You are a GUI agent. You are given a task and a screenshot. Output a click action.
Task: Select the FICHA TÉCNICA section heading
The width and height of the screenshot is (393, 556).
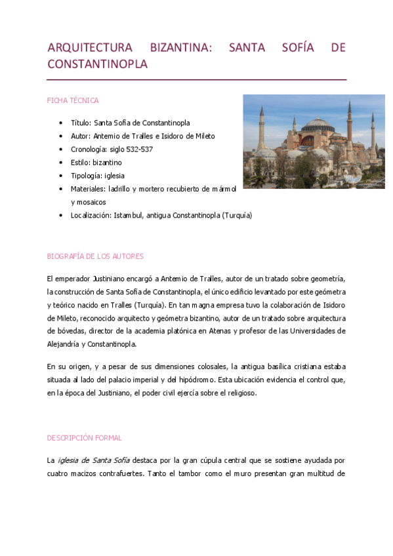point(73,100)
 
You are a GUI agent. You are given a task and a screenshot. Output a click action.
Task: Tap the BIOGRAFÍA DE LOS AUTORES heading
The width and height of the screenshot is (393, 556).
point(95,256)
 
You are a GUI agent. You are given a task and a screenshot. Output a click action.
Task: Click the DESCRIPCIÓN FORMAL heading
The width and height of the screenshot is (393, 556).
point(84,437)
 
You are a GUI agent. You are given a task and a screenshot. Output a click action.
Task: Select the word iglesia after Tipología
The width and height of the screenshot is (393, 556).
point(114,176)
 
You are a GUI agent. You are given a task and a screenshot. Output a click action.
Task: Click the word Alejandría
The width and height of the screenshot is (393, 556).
point(63,344)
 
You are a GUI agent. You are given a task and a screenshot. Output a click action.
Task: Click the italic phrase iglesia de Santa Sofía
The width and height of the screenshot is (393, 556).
point(93,461)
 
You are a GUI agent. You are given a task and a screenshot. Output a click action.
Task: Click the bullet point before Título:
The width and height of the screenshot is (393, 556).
point(60,123)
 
